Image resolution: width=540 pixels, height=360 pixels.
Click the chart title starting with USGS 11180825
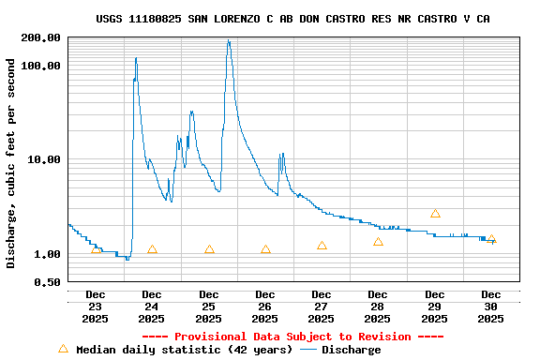(x=292, y=19)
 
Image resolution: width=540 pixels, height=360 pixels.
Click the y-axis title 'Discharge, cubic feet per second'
(x=11, y=163)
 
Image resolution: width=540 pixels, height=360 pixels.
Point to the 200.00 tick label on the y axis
(x=41, y=37)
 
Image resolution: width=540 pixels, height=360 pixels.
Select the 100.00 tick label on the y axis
(x=41, y=66)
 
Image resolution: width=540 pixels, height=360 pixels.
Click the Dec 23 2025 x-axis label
(x=96, y=307)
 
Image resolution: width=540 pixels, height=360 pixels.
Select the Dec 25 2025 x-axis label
(x=209, y=307)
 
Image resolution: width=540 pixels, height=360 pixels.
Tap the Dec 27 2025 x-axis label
(x=322, y=307)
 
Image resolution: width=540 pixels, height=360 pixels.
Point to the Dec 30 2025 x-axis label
(x=491, y=307)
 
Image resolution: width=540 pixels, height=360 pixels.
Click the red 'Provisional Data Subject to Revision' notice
(x=292, y=337)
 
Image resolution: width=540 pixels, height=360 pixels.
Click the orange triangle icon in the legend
(x=64, y=349)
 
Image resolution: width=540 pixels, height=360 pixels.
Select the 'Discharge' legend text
(x=352, y=350)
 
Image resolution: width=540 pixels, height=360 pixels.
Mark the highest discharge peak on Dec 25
(x=228, y=40)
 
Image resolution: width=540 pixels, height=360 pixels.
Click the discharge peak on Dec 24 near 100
(x=136, y=58)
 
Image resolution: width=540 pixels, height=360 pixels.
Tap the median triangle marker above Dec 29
(x=435, y=214)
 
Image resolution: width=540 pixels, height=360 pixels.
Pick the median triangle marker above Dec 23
(x=96, y=249)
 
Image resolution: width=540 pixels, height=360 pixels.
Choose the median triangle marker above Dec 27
(x=322, y=246)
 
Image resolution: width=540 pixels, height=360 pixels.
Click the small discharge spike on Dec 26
(x=281, y=154)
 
